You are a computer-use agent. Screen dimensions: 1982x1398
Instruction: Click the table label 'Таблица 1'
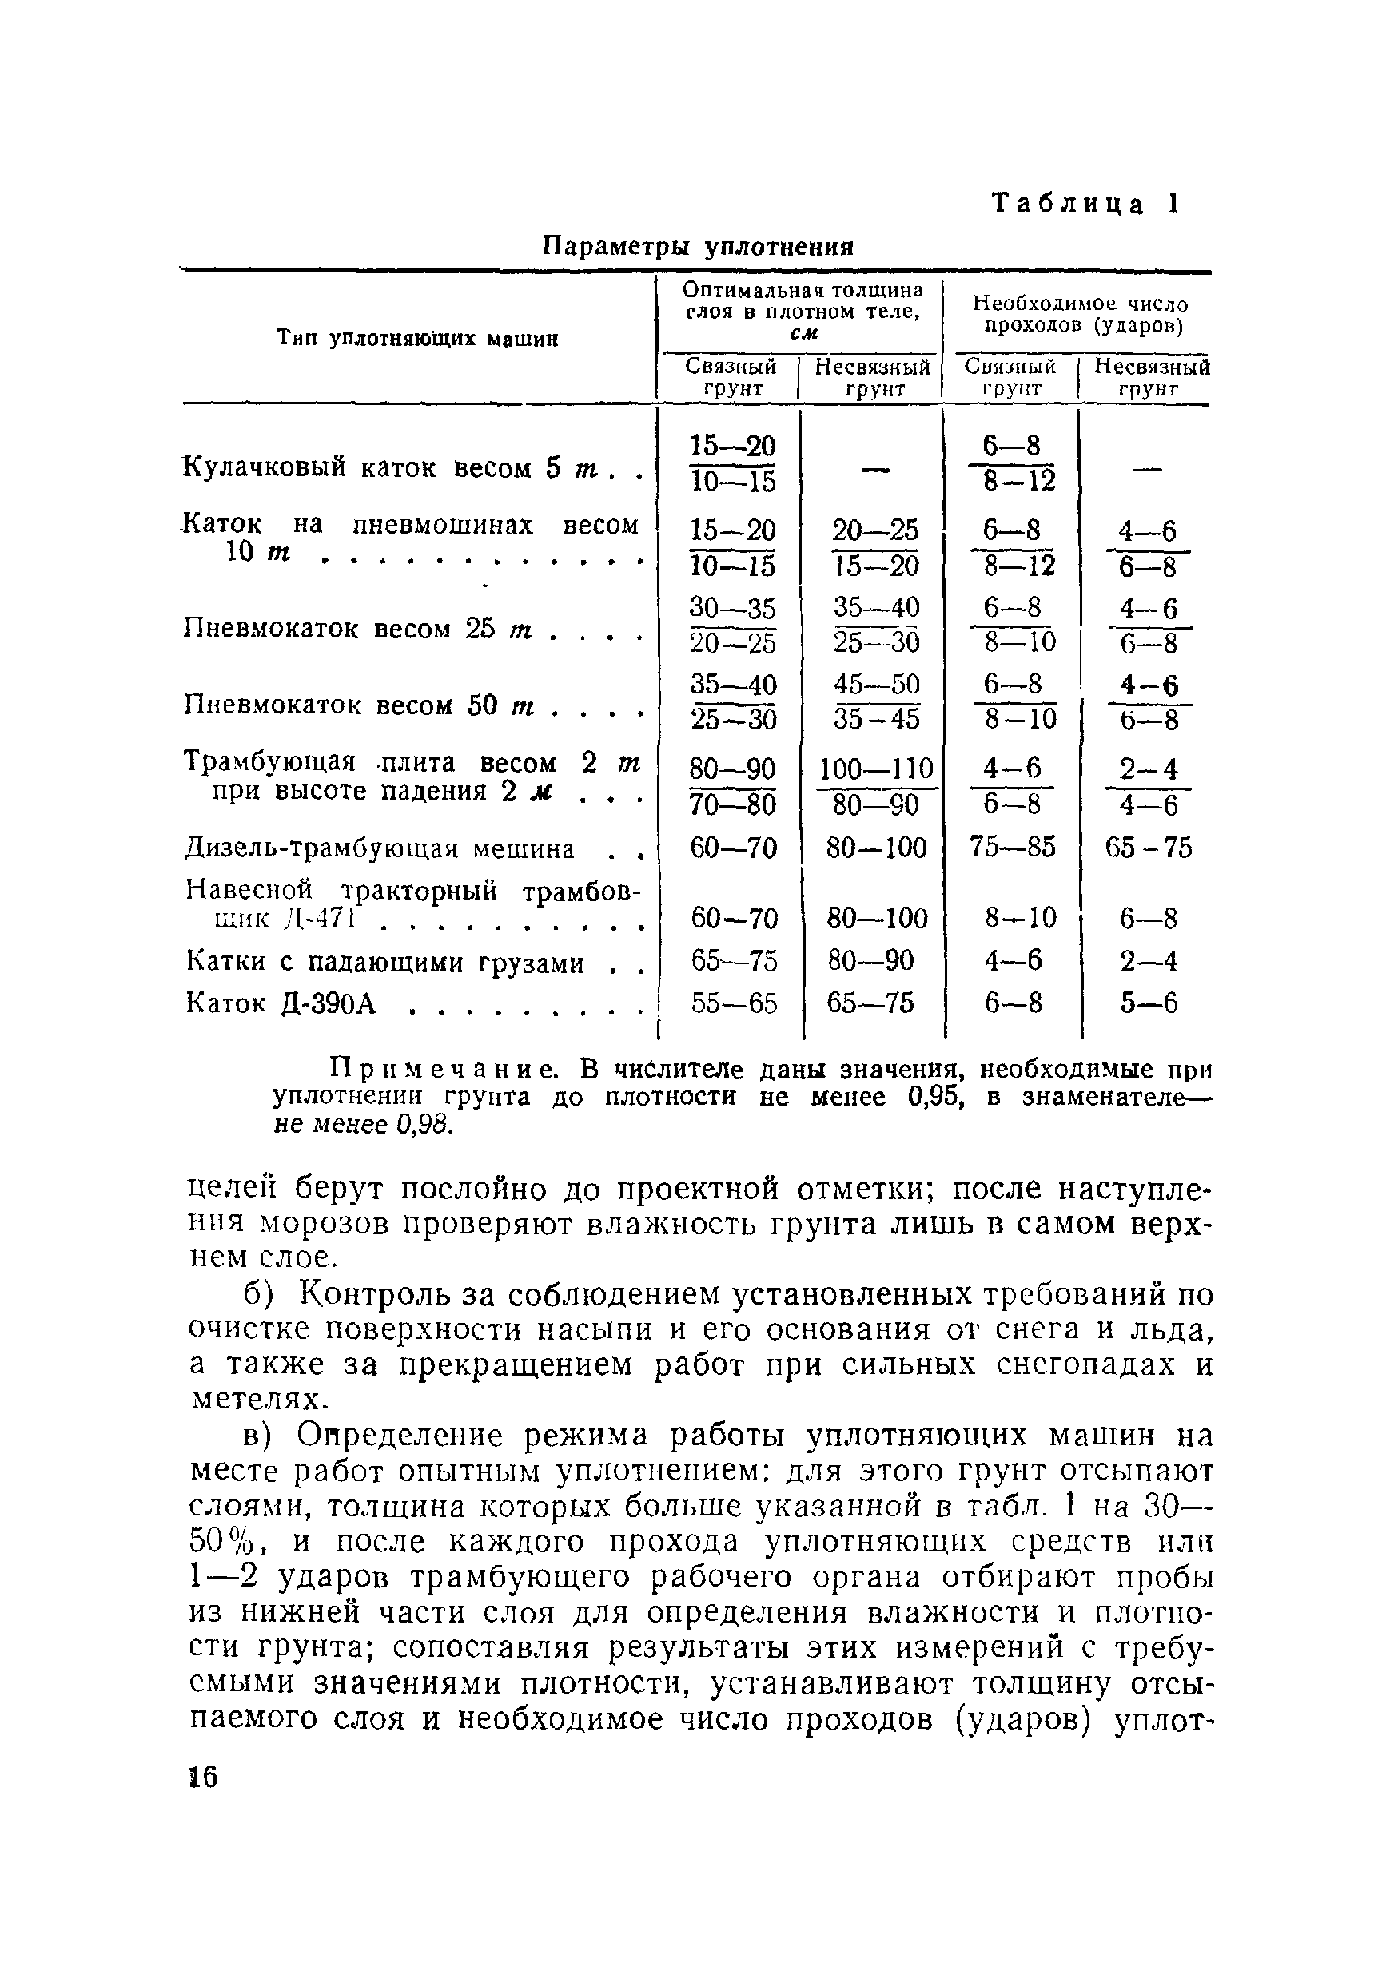click(1085, 204)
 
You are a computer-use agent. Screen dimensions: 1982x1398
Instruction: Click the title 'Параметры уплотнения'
click(698, 247)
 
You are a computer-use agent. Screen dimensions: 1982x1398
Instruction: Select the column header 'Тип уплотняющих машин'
click(418, 339)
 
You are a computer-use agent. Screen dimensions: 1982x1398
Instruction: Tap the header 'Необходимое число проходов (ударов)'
click(1080, 315)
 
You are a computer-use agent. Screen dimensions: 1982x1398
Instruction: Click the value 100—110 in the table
click(877, 769)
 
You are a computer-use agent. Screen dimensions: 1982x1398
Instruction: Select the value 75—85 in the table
click(1012, 847)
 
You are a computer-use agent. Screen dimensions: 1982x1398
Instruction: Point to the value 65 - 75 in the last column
click(1149, 848)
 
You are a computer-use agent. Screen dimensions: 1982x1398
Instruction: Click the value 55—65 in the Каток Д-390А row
click(734, 1003)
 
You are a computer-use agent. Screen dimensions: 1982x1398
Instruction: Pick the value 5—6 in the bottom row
click(1149, 1003)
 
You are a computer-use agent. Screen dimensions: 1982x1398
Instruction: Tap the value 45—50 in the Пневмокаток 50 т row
click(877, 685)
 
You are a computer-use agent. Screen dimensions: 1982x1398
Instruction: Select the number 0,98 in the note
click(422, 1126)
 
